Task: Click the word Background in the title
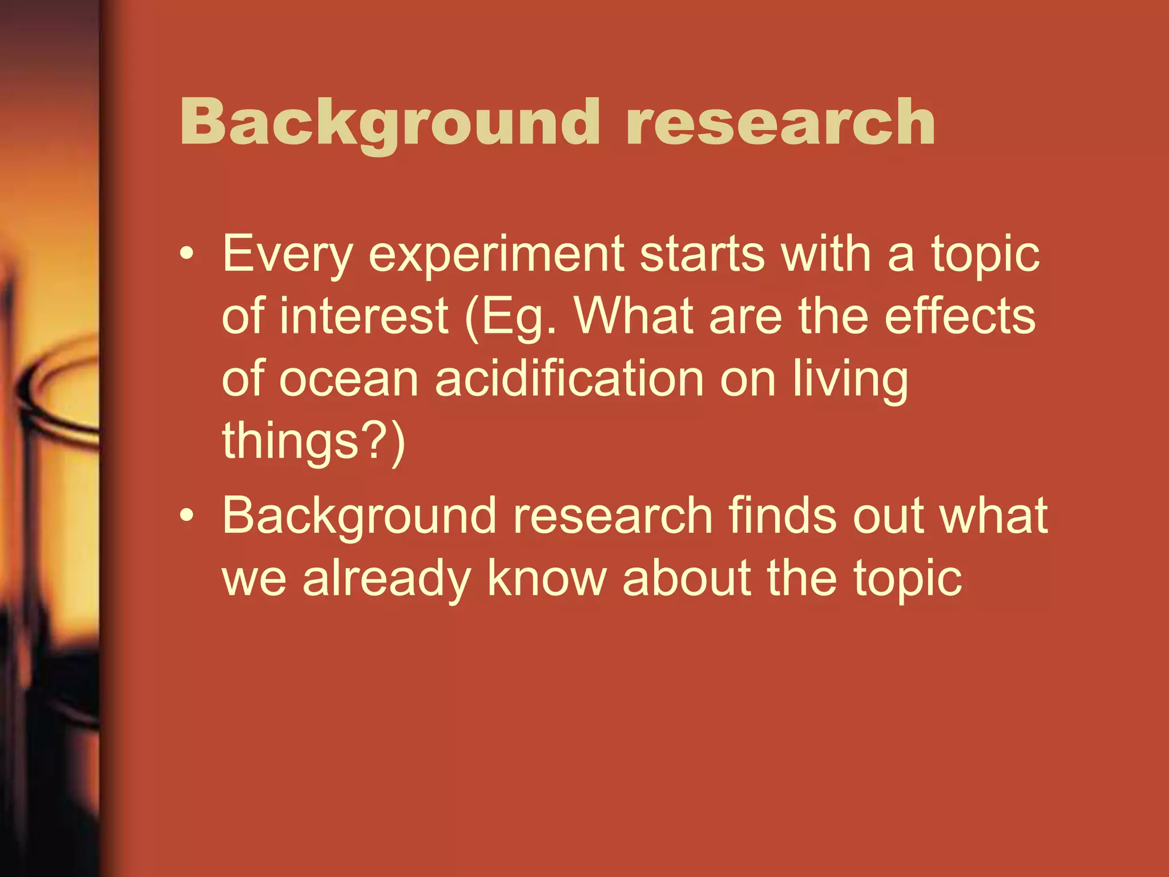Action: click(x=389, y=123)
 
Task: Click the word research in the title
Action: click(x=780, y=123)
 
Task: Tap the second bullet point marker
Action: click(x=186, y=516)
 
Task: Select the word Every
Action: click(x=287, y=255)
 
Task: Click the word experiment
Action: click(x=496, y=255)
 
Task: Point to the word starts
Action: click(x=702, y=255)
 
